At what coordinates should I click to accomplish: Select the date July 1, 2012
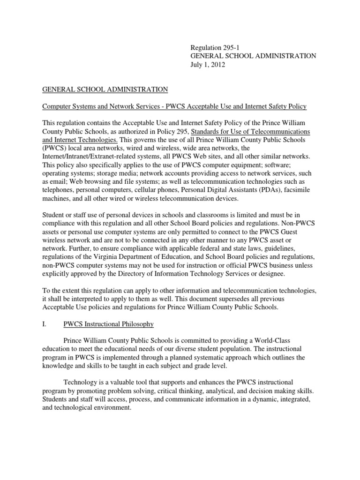(208, 65)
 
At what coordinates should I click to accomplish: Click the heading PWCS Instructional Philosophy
(108, 324)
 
